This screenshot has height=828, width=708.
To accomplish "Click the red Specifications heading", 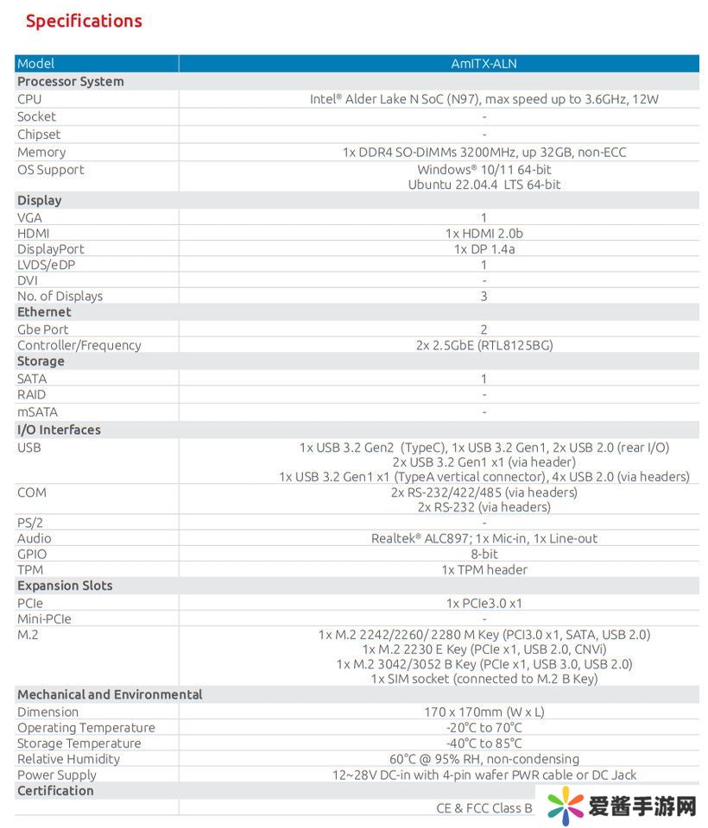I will tap(84, 21).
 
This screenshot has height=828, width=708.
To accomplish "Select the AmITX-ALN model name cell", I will tap(484, 64).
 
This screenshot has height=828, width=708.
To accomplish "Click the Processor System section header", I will tap(71, 82).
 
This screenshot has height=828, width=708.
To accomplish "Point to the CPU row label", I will tap(29, 99).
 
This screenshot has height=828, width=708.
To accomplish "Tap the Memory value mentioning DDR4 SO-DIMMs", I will tap(484, 153).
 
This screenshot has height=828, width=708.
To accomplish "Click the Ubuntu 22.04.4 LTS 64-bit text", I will tap(484, 185).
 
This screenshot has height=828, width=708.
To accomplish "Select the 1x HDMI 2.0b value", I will tap(484, 234).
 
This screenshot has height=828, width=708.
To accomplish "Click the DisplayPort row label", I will tap(51, 249).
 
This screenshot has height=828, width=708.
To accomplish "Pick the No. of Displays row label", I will tap(60, 297).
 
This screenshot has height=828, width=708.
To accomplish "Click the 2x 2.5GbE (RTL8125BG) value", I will tap(484, 346).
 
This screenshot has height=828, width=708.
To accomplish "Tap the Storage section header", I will tap(41, 361).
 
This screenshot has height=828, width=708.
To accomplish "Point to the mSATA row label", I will tap(38, 412).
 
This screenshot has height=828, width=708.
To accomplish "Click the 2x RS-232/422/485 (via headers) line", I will tap(484, 492).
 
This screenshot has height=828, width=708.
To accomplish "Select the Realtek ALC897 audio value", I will tap(484, 539).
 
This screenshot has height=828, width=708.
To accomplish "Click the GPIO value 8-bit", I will tap(484, 555).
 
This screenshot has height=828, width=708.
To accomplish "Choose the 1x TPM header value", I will tap(484, 570).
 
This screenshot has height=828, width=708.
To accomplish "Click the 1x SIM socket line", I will tap(484, 679).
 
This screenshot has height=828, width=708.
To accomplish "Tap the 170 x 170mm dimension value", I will tap(484, 712).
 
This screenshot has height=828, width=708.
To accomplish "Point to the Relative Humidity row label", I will tap(69, 760).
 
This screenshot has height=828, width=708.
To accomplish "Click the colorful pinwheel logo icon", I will tap(566, 806).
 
